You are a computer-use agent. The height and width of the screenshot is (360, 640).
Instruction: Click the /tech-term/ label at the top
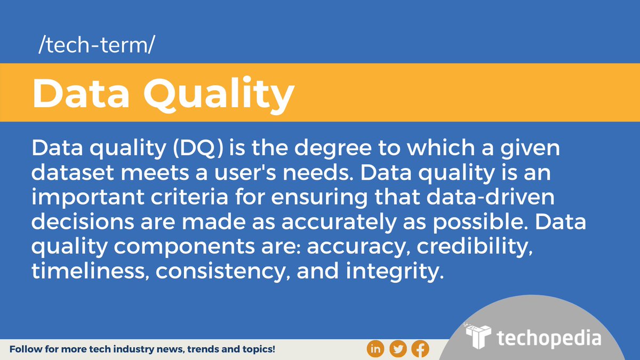(96, 47)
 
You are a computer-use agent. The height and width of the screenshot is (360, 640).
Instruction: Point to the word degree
(327, 149)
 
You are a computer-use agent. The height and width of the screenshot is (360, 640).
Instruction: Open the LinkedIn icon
(375, 349)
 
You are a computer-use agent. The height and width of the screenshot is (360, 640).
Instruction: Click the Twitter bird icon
(398, 349)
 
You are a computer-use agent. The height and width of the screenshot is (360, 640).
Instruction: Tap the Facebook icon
(420, 349)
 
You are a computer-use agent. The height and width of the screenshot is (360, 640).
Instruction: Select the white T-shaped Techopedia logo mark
(478, 337)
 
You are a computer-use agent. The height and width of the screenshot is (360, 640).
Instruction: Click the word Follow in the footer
(25, 350)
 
